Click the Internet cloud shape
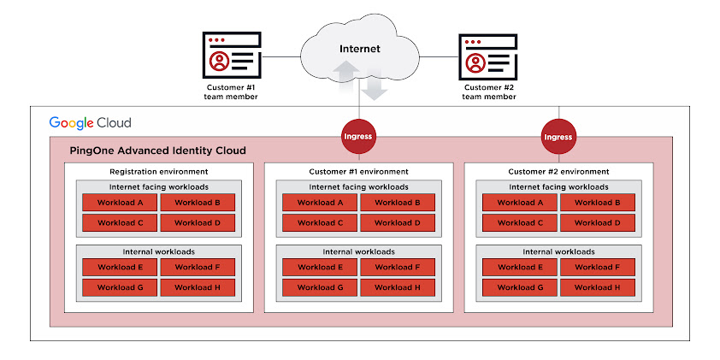(359, 50)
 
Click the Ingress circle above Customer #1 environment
(358, 136)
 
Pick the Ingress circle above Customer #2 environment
(558, 136)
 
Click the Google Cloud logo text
(90, 122)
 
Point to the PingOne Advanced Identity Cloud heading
(157, 150)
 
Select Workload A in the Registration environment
(120, 203)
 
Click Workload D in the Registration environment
(198, 222)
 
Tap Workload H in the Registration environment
(198, 287)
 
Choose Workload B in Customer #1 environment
(398, 203)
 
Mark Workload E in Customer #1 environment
(320, 267)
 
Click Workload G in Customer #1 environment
(320, 287)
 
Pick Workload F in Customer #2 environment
(598, 267)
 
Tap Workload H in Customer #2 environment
(598, 287)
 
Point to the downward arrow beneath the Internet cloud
(373, 86)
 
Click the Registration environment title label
(159, 172)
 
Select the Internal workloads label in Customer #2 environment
(558, 251)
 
